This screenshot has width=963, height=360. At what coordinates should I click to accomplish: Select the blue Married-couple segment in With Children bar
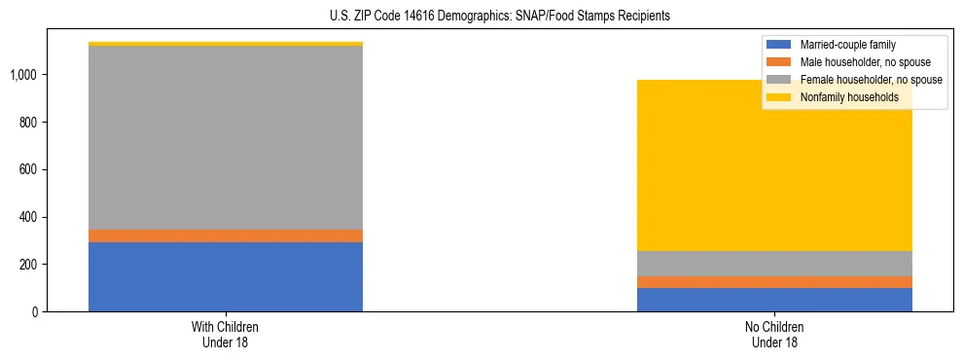[226, 276]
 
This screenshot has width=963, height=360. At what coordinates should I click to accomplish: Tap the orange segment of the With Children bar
[226, 235]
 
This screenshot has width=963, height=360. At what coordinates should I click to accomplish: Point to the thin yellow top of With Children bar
[226, 44]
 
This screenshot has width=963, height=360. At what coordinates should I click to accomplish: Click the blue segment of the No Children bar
[774, 300]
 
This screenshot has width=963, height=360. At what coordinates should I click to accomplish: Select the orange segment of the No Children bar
[774, 282]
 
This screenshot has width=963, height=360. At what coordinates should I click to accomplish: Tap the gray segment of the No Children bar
[774, 264]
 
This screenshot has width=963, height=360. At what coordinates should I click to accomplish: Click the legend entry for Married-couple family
[847, 45]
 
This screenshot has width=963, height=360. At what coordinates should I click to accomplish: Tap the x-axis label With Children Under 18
[226, 334]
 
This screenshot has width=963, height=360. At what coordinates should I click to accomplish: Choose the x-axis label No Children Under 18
[774, 334]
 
